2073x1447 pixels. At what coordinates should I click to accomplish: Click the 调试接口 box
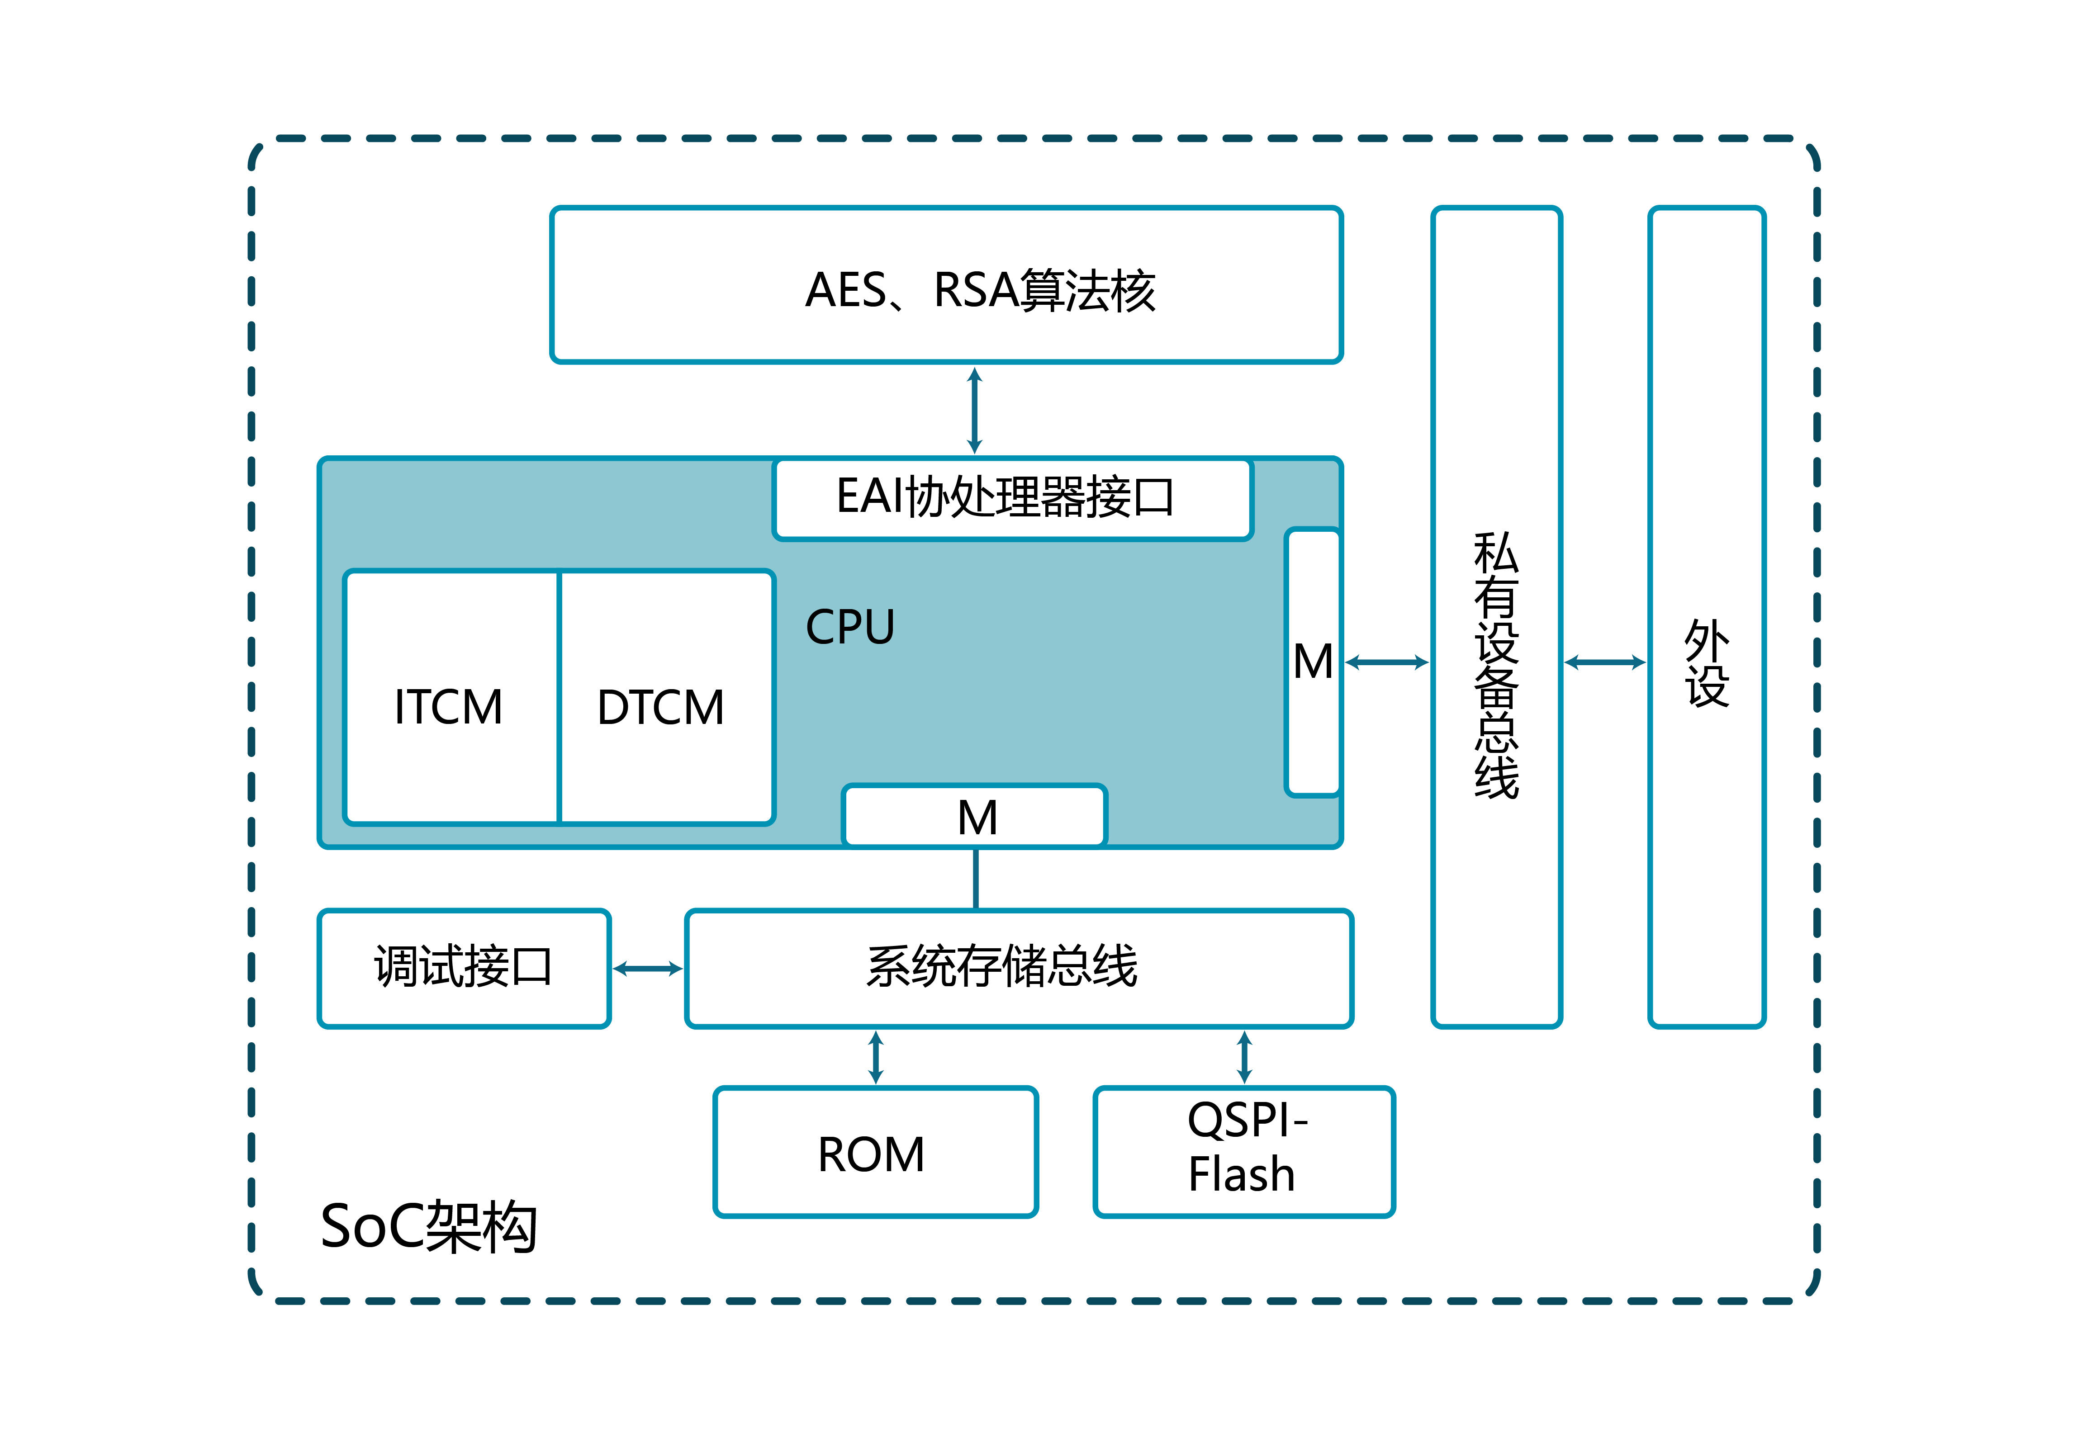pyautogui.click(x=464, y=968)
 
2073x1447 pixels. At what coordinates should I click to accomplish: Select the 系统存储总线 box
pyautogui.click(x=1019, y=968)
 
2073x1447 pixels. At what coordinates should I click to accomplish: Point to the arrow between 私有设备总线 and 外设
pyautogui.click(x=1604, y=662)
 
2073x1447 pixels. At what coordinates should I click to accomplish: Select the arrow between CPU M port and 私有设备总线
pyautogui.click(x=1387, y=662)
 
